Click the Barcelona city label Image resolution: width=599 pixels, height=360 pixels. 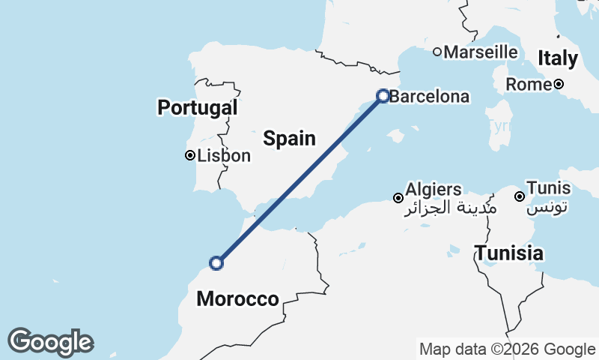[430, 97]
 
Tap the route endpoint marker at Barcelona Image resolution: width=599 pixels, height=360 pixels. [383, 96]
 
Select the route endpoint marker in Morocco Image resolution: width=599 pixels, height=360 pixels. [216, 263]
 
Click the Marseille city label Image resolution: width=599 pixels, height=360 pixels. [481, 52]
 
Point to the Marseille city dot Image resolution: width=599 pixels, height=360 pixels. [437, 52]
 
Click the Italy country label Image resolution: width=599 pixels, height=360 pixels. [558, 58]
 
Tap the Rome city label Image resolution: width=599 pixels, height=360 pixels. [529, 85]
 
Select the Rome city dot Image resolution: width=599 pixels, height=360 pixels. [559, 84]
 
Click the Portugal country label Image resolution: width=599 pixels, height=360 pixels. [197, 108]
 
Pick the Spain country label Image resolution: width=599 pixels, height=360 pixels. [289, 139]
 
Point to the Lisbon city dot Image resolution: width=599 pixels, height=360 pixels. [190, 156]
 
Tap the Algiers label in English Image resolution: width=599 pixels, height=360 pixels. [434, 189]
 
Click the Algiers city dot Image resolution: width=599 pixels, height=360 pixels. [398, 198]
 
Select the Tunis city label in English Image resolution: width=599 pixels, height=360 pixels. [549, 187]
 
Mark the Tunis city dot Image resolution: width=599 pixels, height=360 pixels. [519, 196]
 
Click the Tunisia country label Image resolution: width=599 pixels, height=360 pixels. [509, 253]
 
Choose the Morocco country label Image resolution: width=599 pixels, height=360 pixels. [237, 300]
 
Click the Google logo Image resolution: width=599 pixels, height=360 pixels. [50, 342]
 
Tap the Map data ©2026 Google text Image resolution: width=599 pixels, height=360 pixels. [507, 349]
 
